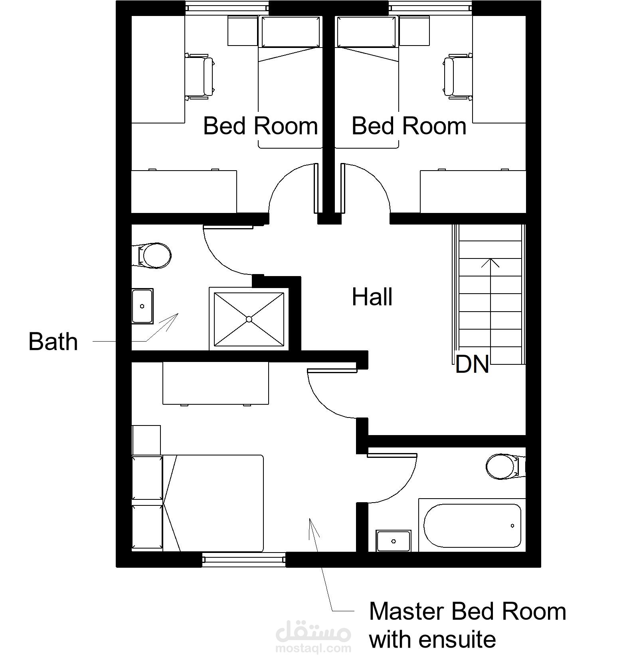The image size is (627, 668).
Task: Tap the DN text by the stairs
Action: [x=472, y=364]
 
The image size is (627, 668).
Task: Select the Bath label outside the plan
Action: [x=53, y=342]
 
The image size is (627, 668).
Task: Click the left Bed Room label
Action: [x=261, y=126]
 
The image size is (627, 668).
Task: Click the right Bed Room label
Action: [x=409, y=126]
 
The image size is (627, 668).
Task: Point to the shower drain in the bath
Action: [x=249, y=319]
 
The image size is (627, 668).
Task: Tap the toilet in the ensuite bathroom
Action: [x=505, y=466]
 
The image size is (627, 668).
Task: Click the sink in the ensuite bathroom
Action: [x=394, y=541]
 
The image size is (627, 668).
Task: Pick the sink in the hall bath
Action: [x=142, y=306]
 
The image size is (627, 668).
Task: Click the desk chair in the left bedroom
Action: [x=199, y=76]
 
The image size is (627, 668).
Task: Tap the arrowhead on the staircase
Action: [x=490, y=262]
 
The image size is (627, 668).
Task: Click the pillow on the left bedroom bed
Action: [x=291, y=32]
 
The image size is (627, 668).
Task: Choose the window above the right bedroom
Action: [x=431, y=7]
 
